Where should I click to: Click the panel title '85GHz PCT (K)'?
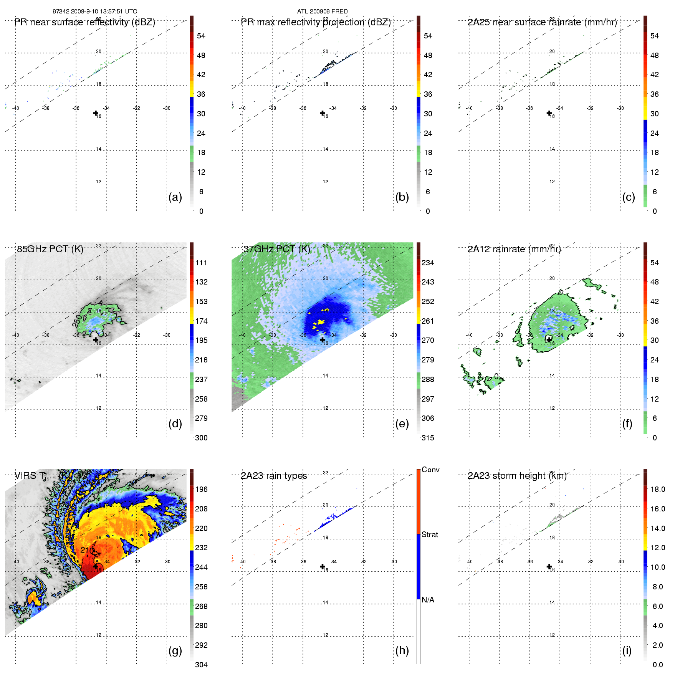tap(50, 249)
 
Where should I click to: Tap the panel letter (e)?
tap(402, 424)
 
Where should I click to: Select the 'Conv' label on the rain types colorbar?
tap(430, 470)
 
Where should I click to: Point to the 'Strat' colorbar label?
tap(430, 534)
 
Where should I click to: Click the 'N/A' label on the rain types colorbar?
tap(428, 600)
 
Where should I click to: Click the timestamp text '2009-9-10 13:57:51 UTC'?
tap(104, 12)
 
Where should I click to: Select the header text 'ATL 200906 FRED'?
tap(322, 12)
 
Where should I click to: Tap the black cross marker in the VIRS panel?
tap(96, 566)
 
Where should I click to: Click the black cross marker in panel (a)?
tap(96, 113)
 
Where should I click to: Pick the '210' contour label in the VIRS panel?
tap(87, 550)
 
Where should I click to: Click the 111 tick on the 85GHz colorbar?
tap(201, 263)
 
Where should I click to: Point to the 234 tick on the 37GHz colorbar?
tap(428, 263)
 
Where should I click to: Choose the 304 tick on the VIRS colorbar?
tap(201, 665)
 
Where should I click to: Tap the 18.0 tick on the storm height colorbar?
tap(657, 489)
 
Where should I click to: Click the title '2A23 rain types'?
tap(274, 476)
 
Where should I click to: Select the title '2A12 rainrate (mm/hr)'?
tap(514, 249)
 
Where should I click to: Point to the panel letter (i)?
tap(627, 650)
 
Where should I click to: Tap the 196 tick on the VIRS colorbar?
tap(201, 489)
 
